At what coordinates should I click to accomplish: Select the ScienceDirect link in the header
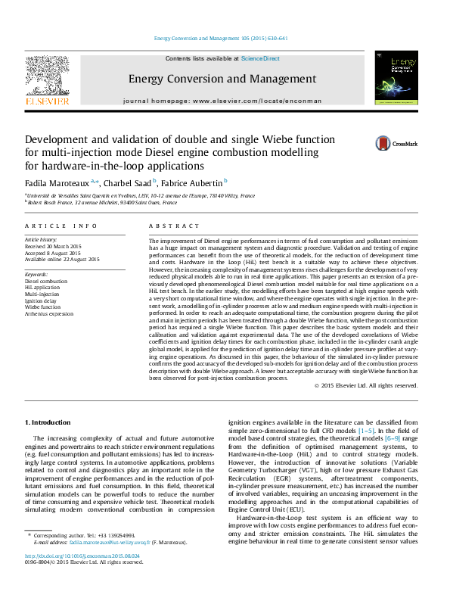(260, 58)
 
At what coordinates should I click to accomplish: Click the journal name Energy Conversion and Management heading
(222, 79)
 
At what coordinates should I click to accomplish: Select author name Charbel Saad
(128, 182)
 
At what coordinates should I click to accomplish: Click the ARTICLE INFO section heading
(61, 226)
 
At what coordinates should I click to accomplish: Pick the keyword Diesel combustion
(46, 281)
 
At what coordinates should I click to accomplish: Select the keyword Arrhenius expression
(49, 313)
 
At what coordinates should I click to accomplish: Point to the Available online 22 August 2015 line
(63, 260)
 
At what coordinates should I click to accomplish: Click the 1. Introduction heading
(49, 422)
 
